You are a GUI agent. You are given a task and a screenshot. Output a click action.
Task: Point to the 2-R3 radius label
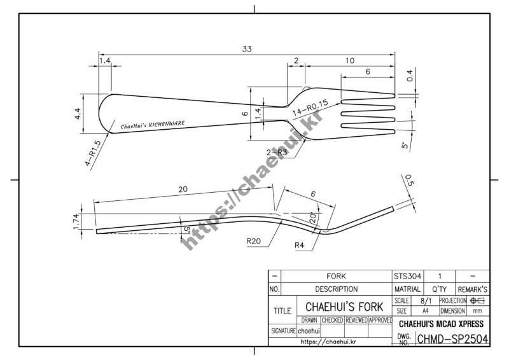point(277,152)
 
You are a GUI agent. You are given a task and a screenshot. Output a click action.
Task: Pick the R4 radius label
point(302,245)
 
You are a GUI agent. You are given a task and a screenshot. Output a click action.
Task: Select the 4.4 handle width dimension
point(78,114)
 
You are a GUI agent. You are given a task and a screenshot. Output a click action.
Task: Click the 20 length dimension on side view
point(183,190)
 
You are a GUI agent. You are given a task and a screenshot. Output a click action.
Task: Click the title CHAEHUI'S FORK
point(344,307)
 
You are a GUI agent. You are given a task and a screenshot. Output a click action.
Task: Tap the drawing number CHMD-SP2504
point(452,339)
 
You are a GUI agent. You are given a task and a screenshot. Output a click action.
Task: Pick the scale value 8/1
point(423,300)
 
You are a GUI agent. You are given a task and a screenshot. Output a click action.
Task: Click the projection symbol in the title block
point(477,300)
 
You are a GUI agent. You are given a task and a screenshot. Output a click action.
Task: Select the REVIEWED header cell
point(356,321)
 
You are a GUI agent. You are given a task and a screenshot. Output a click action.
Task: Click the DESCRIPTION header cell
point(336,289)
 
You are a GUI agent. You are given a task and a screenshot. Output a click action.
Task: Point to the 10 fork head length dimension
point(350,61)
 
